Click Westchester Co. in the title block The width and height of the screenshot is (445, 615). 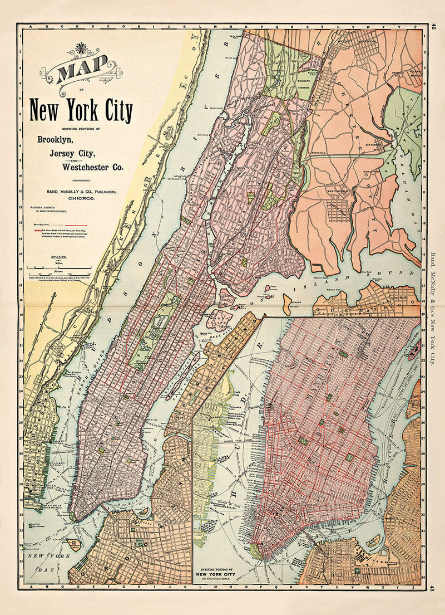pyautogui.click(x=93, y=167)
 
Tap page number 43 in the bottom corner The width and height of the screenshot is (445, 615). pyautogui.click(x=433, y=588)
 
